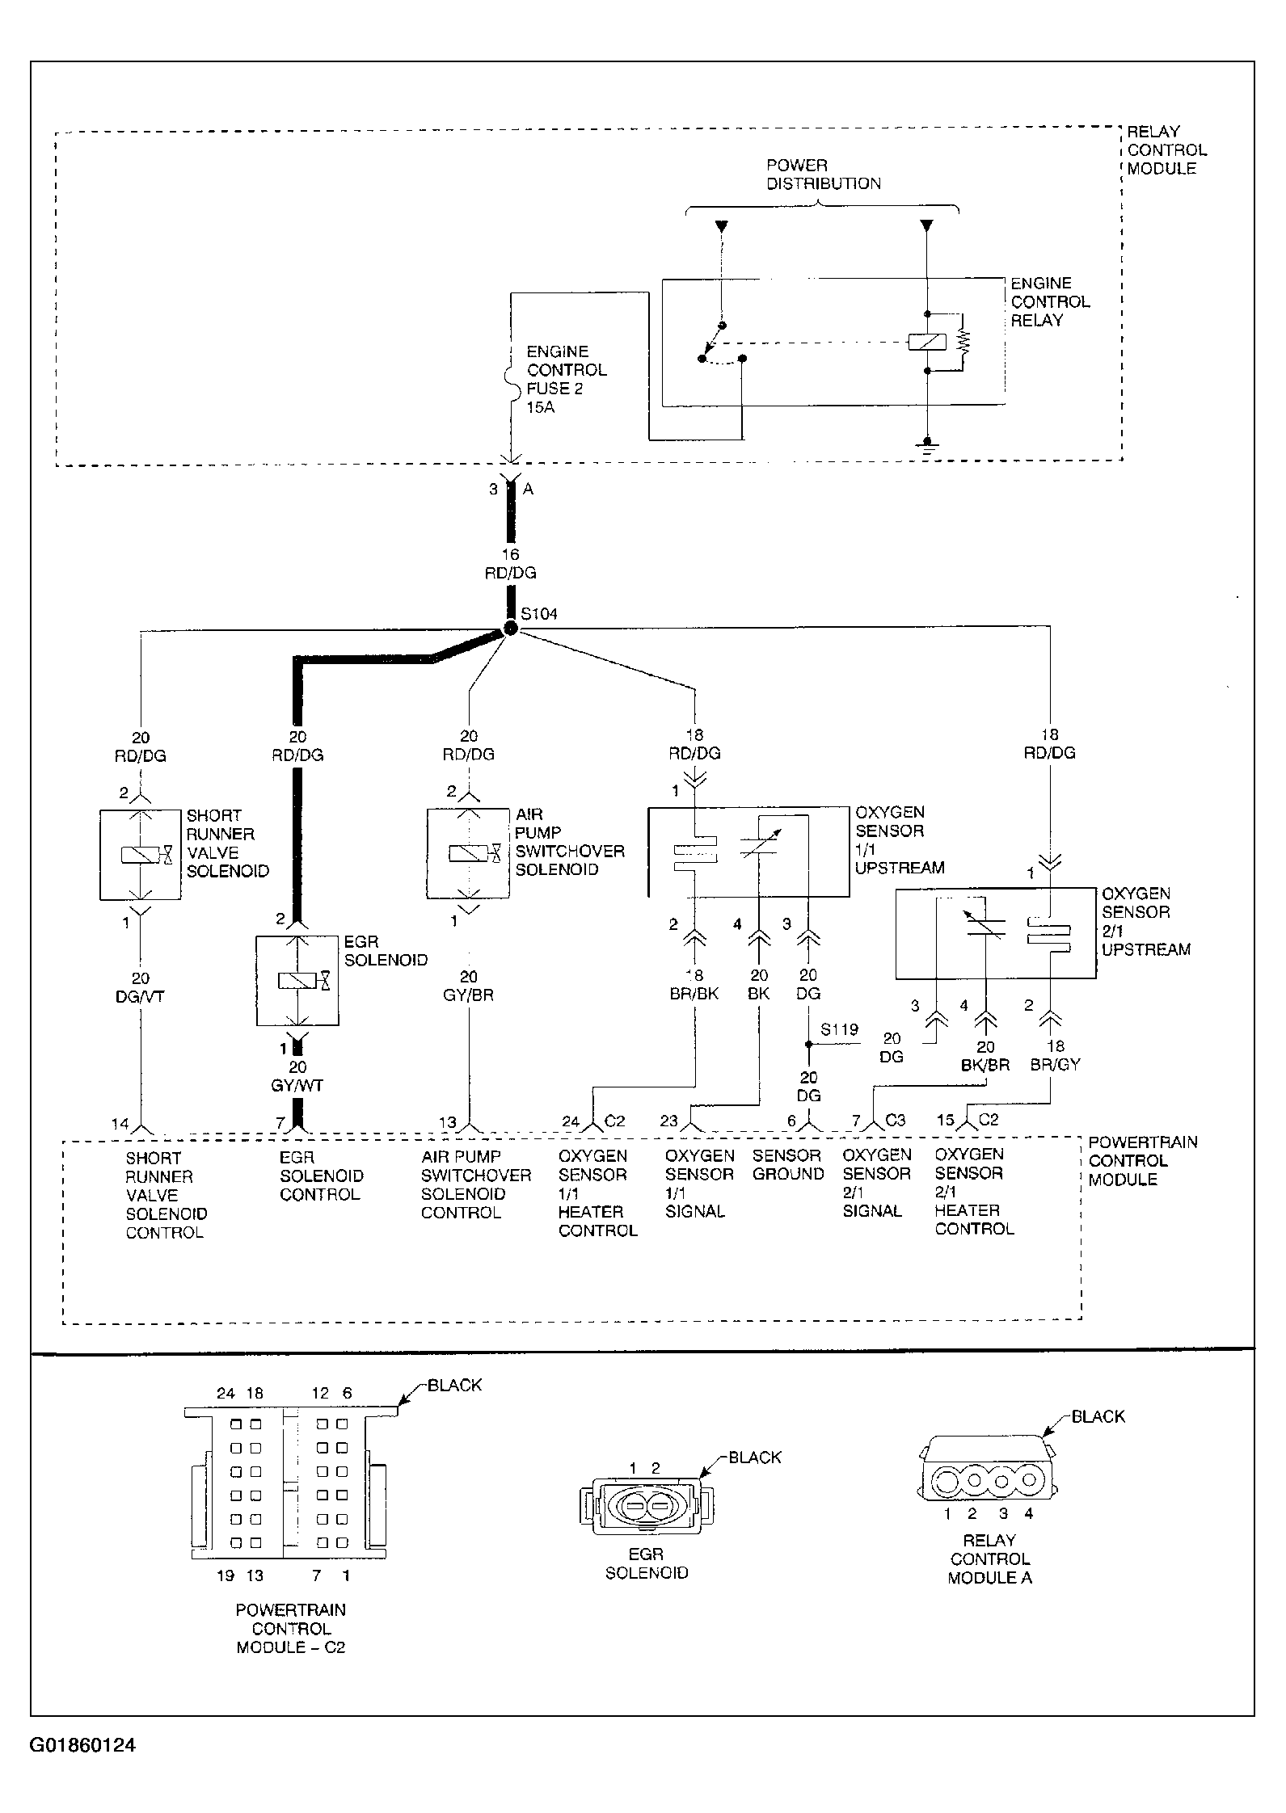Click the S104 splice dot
point(510,629)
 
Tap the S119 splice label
point(839,1030)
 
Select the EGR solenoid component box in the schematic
point(297,981)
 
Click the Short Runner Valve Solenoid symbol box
point(141,855)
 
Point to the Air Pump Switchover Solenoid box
point(468,853)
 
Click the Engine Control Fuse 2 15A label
point(566,379)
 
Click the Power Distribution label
point(823,175)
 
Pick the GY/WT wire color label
point(297,1086)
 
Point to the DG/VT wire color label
point(141,997)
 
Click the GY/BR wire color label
point(469,995)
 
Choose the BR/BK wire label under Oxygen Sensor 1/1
point(694,994)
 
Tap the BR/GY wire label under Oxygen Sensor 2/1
point(1055,1065)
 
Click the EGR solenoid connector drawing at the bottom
point(646,1506)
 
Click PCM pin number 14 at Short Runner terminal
point(120,1123)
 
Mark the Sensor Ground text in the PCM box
point(787,1165)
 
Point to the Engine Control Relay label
point(1050,302)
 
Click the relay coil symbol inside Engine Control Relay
point(928,341)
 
